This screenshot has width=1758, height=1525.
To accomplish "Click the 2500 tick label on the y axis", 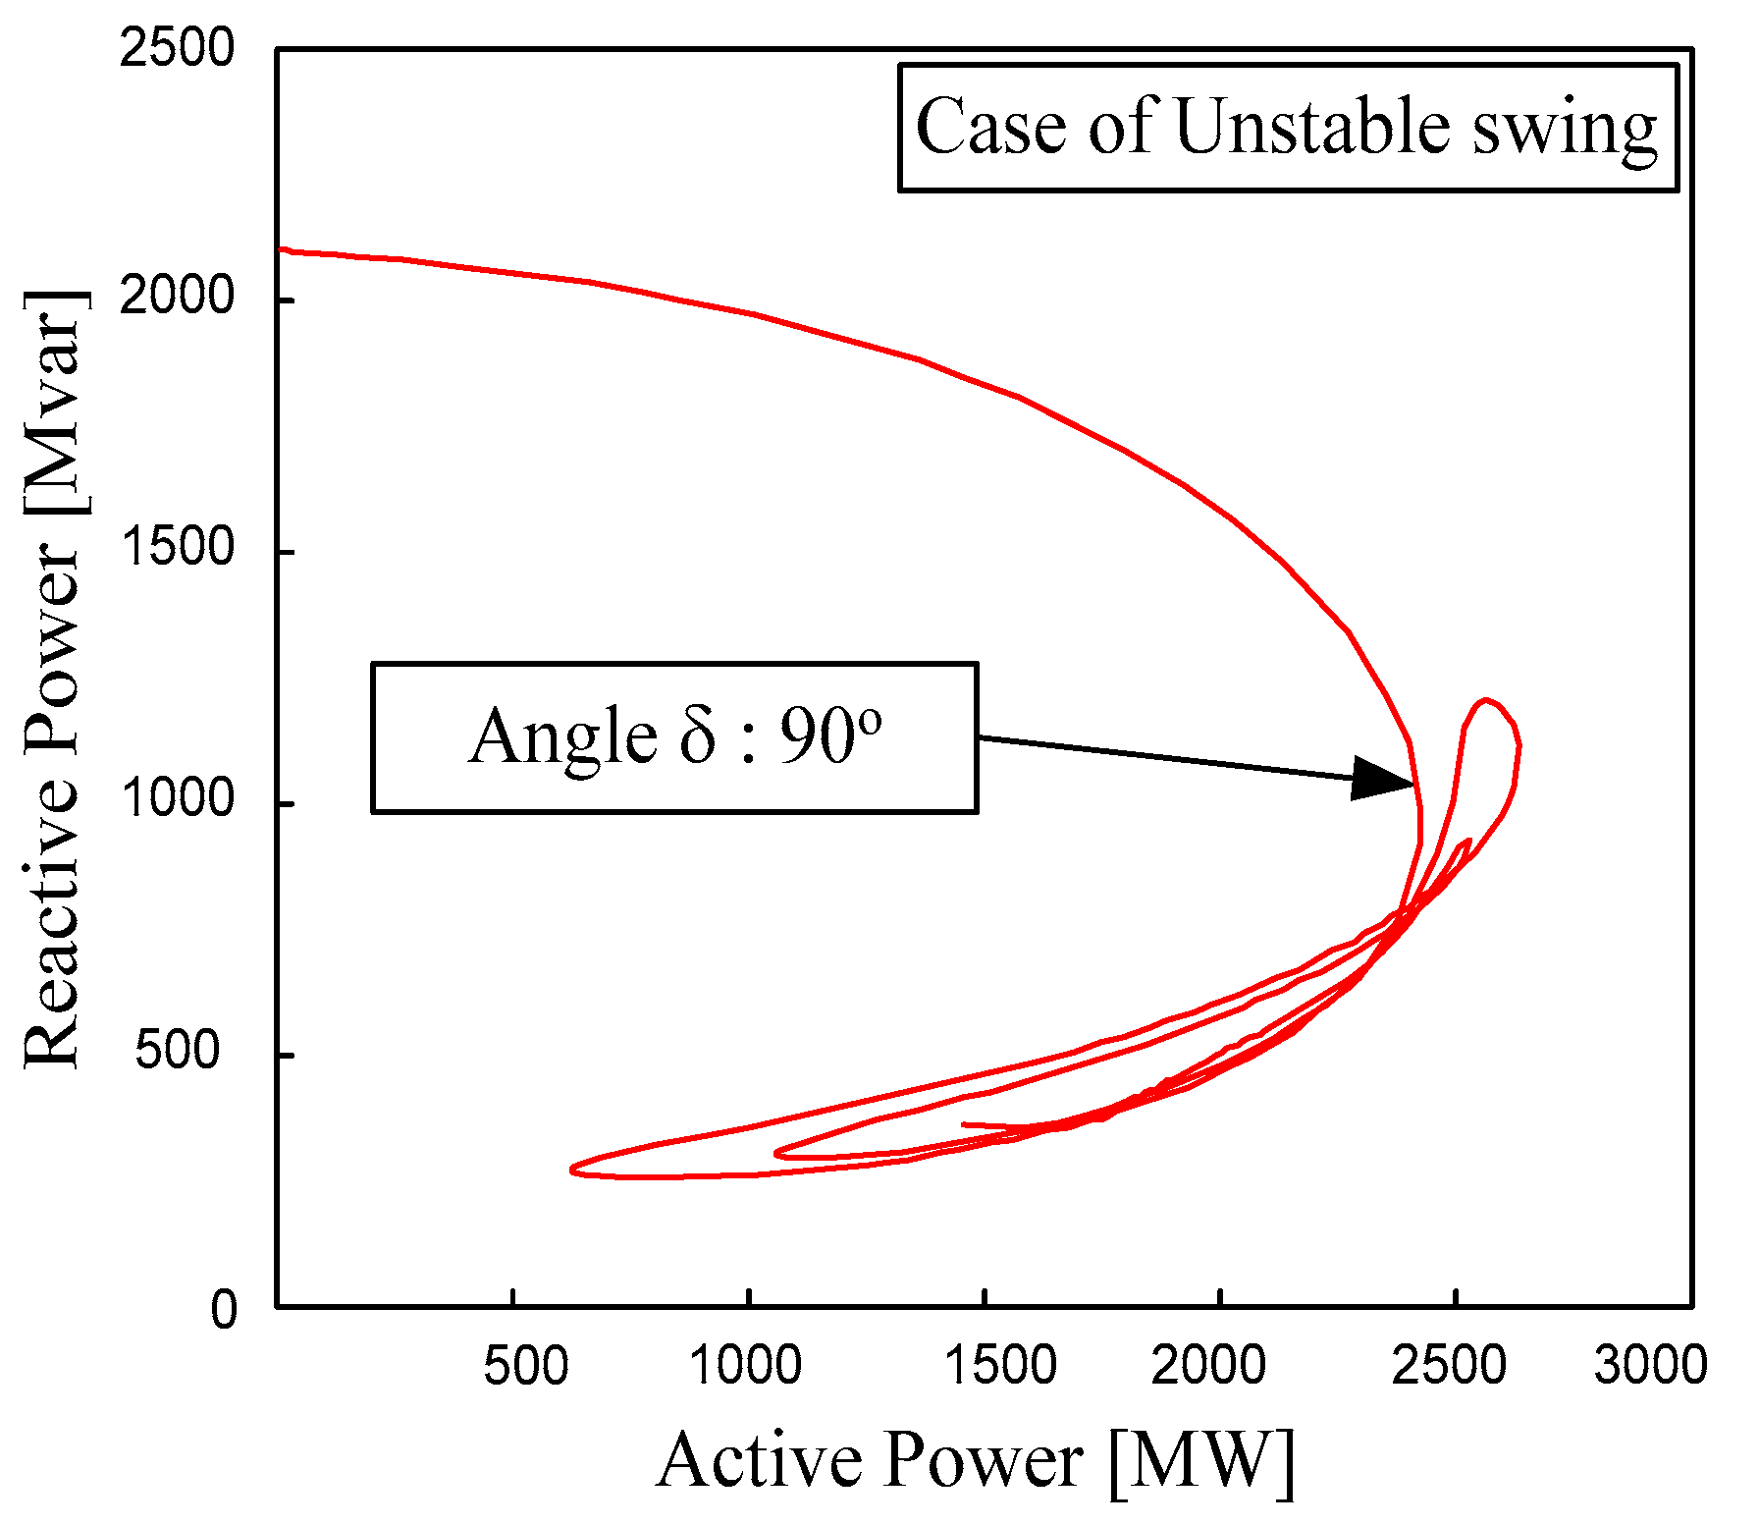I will (177, 49).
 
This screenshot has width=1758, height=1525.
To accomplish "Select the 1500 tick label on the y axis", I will (177, 548).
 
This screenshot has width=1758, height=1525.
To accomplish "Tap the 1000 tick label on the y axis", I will (177, 799).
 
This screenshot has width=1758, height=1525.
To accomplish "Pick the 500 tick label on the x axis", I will (526, 1366).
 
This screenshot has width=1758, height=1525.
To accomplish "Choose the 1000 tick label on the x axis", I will (746, 1366).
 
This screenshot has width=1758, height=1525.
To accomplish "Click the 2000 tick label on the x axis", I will (1208, 1366).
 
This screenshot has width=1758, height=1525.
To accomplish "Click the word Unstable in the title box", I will (1311, 128).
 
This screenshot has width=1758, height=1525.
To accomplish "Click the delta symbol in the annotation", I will (698, 736).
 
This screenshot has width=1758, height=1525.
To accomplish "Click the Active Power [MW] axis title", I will (976, 1460).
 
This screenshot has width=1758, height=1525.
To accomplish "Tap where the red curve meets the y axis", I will (280, 249).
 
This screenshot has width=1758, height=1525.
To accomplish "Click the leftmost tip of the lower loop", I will (572, 1169).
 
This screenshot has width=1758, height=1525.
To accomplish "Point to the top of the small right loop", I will (1487, 700).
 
